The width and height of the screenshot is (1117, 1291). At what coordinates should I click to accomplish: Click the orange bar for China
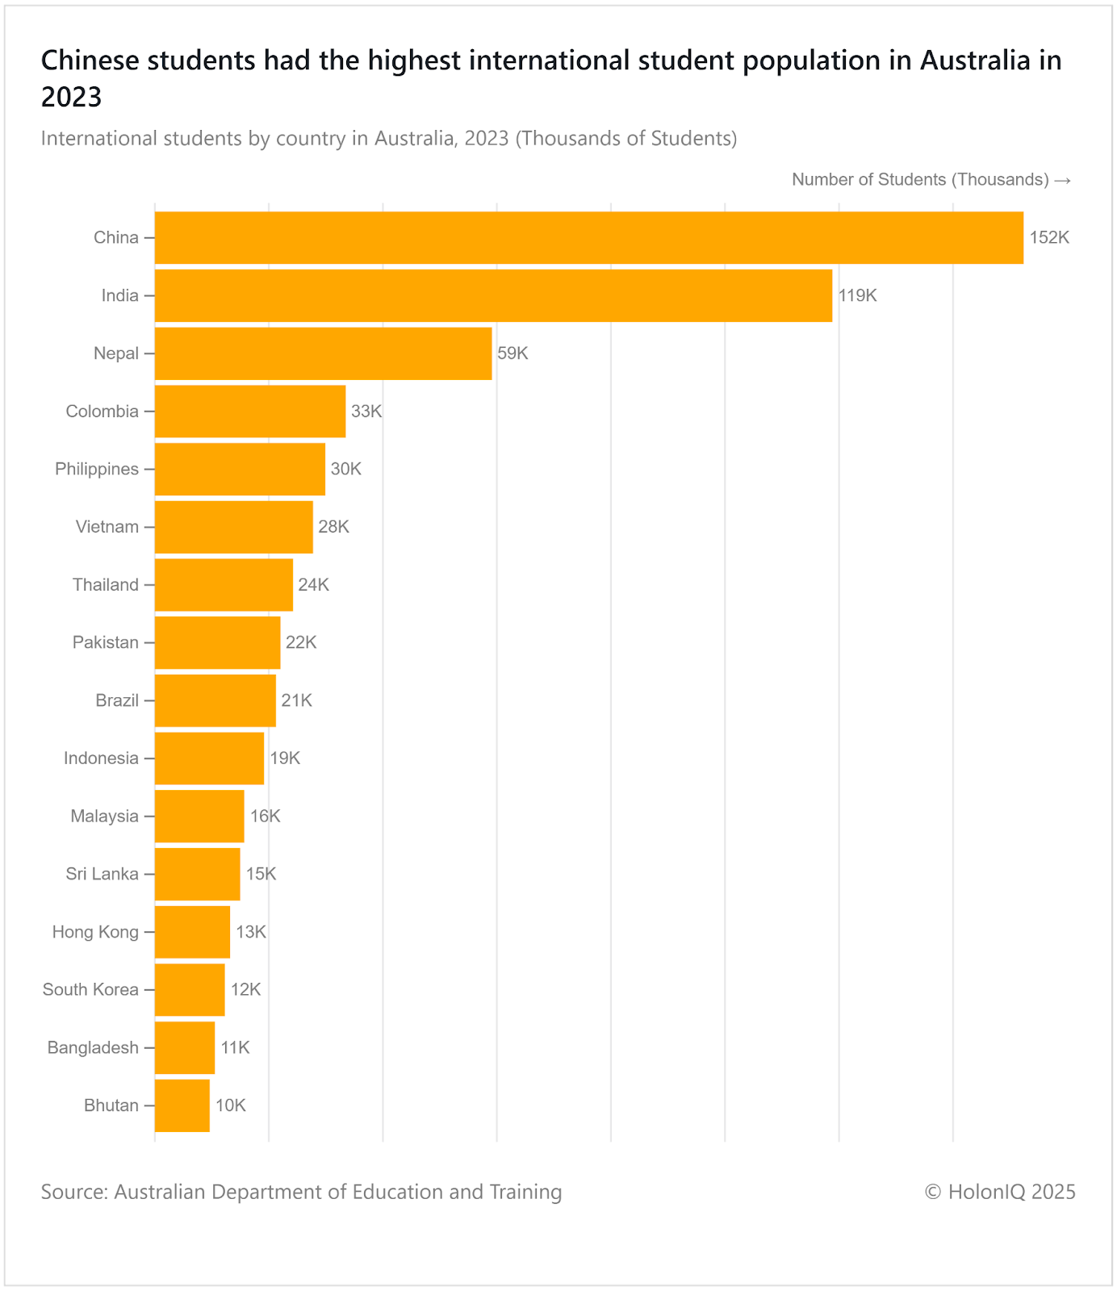point(589,238)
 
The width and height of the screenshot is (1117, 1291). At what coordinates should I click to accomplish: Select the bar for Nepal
point(323,353)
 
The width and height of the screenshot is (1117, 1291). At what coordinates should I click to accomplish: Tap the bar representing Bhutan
point(182,1105)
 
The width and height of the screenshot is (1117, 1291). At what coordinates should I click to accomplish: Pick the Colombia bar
point(250,412)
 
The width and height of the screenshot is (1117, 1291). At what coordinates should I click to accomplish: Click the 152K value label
point(1049,238)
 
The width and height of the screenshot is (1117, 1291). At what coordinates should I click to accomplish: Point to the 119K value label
point(857,296)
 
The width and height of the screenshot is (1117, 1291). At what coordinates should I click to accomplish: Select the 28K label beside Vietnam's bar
point(334,527)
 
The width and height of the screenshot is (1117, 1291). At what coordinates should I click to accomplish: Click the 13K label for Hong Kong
point(251,933)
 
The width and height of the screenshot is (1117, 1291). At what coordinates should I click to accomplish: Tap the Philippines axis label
point(97,470)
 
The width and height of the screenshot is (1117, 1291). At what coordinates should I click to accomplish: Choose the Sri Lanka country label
point(102,875)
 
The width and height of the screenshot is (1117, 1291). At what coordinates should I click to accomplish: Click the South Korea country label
point(90,990)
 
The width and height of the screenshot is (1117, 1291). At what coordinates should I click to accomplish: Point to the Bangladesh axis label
point(93,1048)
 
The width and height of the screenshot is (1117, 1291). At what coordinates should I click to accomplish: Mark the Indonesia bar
point(209,758)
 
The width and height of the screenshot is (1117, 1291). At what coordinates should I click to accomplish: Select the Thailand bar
point(224,585)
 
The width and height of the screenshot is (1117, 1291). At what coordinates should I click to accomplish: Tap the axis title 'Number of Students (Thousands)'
point(920,180)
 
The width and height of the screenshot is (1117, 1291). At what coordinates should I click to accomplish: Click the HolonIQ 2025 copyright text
point(1000,1192)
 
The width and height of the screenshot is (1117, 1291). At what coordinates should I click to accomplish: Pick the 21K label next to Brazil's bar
point(296,700)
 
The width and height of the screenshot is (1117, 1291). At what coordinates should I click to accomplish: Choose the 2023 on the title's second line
point(72,97)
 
